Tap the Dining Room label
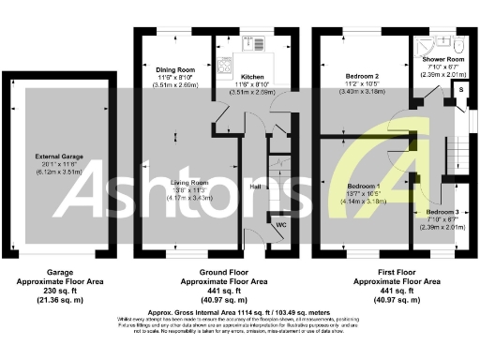[x=175, y=69]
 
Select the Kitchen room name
[x=254, y=77]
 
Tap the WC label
[x=281, y=226]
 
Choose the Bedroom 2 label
[x=362, y=77]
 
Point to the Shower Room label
[x=442, y=58]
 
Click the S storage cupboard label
[x=460, y=89]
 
